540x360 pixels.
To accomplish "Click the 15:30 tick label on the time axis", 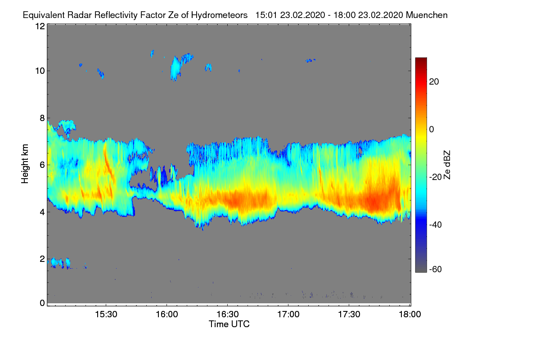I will [106, 315].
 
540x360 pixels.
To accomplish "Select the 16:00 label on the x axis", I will [166, 315].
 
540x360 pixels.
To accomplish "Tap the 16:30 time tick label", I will [227, 315].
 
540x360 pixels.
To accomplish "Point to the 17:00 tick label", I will [288, 315].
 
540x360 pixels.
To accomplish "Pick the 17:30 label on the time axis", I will [349, 315].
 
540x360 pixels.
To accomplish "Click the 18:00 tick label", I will [409, 315].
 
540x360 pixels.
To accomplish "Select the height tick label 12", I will [40, 26].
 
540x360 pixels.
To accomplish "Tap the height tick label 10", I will [40, 71].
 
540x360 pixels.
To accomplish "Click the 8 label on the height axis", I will [42, 118].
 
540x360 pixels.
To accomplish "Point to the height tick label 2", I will [42, 259].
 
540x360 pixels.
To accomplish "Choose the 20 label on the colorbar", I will [434, 81].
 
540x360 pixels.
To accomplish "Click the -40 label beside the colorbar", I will [436, 225].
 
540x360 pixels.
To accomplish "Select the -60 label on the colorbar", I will [436, 269].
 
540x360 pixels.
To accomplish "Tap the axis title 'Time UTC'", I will [229, 324].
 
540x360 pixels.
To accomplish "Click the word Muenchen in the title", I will [427, 15].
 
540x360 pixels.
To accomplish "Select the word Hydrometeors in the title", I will [219, 15].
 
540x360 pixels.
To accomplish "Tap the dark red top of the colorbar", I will [421, 60].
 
